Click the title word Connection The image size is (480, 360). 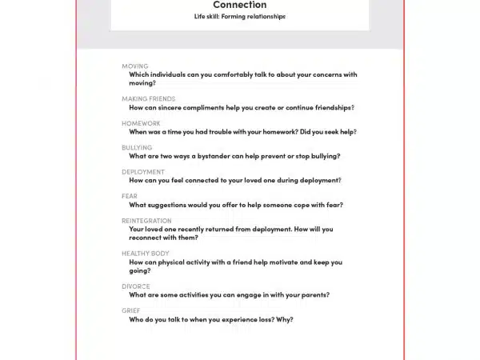[240, 5]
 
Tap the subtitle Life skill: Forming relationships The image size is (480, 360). [240, 16]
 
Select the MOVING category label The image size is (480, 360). [134, 66]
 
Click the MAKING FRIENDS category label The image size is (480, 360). [148, 99]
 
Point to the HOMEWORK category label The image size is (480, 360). [141, 124]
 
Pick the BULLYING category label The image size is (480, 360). [137, 148]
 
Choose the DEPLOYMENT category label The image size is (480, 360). [143, 172]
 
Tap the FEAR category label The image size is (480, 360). [130, 196]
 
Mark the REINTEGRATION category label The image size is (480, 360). [146, 221]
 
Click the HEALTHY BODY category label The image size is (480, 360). [146, 254]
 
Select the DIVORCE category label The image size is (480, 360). [136, 286]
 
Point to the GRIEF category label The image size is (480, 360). [131, 310]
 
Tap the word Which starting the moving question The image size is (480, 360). [140, 74]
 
